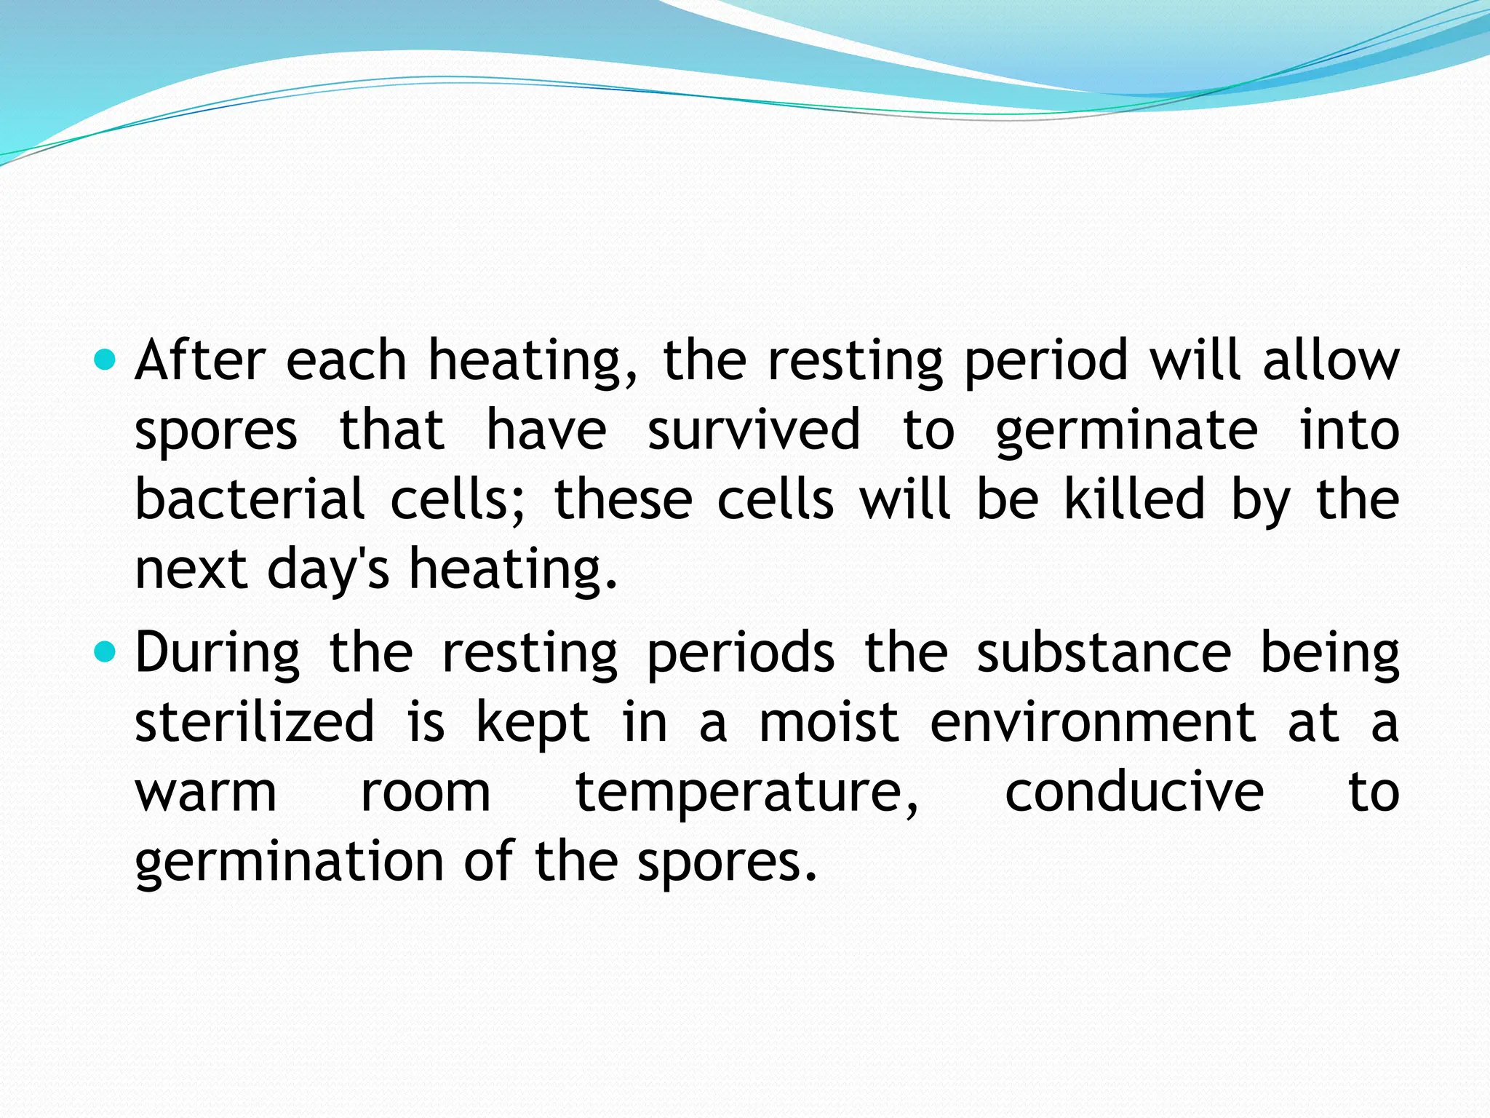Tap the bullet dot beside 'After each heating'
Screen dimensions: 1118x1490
(x=105, y=360)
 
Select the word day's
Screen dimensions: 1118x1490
(x=329, y=570)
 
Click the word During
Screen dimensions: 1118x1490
(x=217, y=653)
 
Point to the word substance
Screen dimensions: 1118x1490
(x=1104, y=652)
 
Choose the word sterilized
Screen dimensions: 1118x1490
(x=255, y=722)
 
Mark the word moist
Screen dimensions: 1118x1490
(x=829, y=722)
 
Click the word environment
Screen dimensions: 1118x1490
(x=1093, y=722)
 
